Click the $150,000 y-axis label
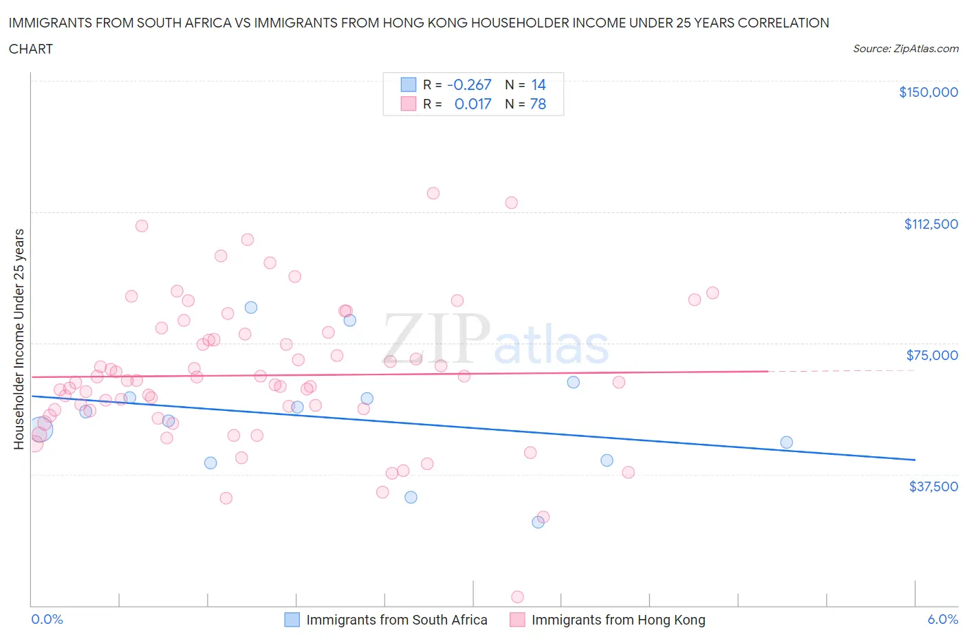coord(928,92)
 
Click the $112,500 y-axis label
coord(931,224)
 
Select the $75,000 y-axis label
coord(932,355)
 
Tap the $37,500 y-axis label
coord(933,486)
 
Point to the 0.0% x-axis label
coord(47,619)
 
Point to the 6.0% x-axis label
coord(942,619)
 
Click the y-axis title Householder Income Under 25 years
coord(19,339)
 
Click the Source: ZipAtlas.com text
coord(905,49)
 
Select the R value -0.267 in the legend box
coord(469,85)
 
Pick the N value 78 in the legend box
coord(538,104)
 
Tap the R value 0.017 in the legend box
coord(472,104)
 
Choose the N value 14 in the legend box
coord(538,85)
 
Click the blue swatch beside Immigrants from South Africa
coord(292,620)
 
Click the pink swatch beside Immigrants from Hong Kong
coord(517,620)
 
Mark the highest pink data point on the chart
coord(433,193)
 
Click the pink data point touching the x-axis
coord(518,597)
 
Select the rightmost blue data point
coord(786,442)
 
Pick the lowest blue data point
coord(538,522)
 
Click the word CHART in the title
coord(31,49)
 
